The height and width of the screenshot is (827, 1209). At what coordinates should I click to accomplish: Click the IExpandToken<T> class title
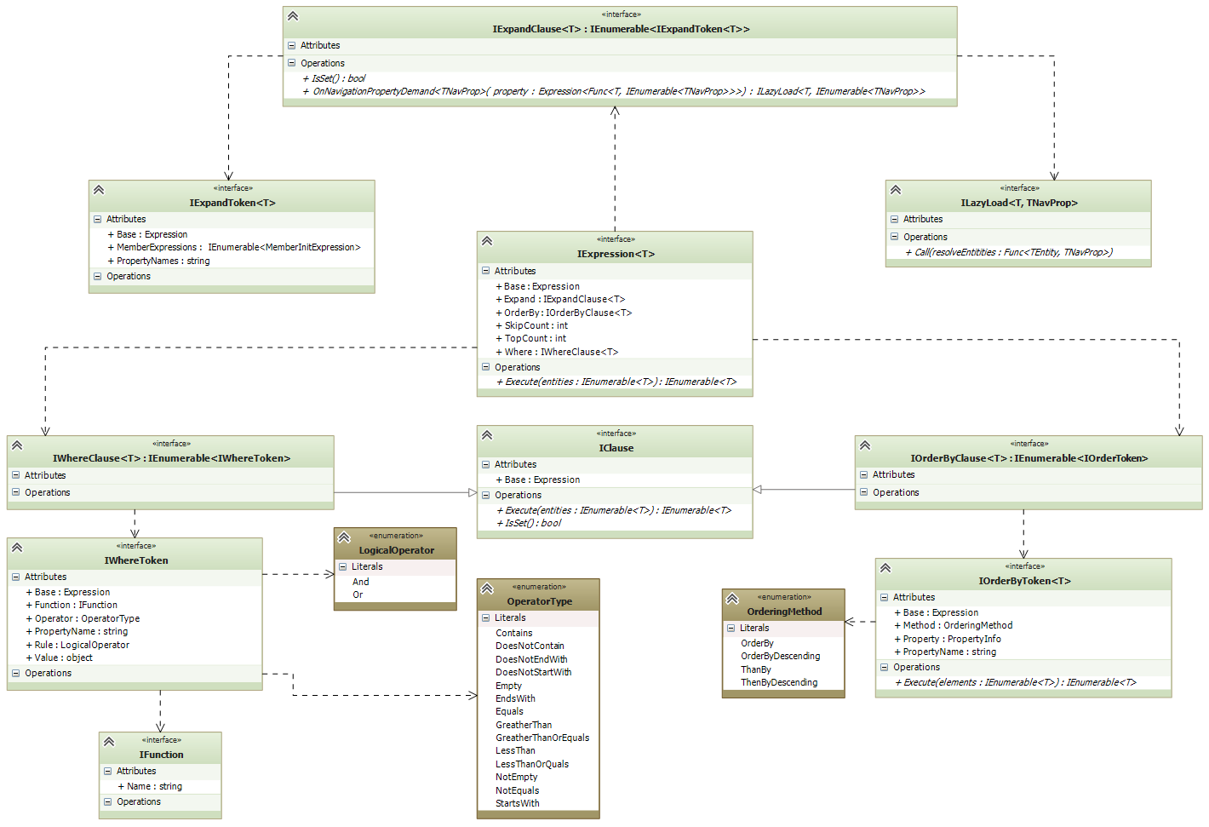[232, 203]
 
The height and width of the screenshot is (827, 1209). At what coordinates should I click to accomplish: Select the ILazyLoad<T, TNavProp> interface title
[1019, 203]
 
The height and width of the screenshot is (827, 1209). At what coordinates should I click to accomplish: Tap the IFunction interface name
[161, 755]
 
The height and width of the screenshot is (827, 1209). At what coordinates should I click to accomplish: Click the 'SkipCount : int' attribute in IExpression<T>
[536, 325]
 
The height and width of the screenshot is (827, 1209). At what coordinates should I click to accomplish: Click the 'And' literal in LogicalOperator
[361, 582]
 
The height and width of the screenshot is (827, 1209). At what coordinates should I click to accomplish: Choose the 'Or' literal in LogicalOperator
[358, 594]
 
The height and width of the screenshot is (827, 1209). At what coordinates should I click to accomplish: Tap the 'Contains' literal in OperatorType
[514, 633]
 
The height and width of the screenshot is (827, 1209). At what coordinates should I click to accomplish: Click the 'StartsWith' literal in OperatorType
[518, 803]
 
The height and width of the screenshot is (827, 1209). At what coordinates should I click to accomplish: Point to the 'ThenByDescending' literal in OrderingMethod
[779, 682]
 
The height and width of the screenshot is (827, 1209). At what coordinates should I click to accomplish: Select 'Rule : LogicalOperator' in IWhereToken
[82, 645]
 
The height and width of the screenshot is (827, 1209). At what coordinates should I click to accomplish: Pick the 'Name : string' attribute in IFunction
[154, 786]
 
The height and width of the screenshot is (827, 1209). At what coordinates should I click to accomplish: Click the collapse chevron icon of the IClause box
[487, 435]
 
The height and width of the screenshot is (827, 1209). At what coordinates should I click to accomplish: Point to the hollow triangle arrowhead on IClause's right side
[758, 490]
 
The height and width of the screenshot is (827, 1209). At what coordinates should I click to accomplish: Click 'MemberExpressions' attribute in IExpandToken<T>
[238, 247]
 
